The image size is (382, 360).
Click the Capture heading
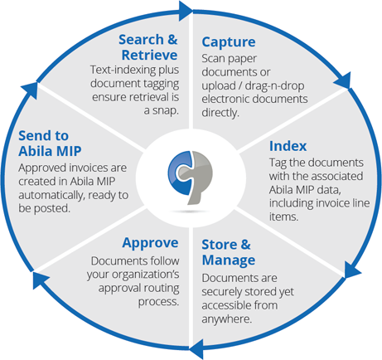click(x=229, y=42)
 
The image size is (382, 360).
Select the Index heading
click(x=288, y=146)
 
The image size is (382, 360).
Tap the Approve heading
click(x=150, y=244)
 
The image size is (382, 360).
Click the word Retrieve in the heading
click(x=149, y=55)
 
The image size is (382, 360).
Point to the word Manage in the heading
click(x=229, y=260)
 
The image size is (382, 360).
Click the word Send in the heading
click(x=34, y=135)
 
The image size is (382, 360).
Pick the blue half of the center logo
click(x=180, y=173)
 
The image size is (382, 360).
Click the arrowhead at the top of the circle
click(x=186, y=11)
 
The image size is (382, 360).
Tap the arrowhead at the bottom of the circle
click(x=196, y=348)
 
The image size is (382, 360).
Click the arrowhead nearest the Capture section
click(x=343, y=80)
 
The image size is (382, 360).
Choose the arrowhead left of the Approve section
click(x=40, y=280)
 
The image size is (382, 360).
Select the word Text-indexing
click(x=123, y=71)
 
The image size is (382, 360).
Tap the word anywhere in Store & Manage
click(x=226, y=319)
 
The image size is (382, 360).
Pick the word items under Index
click(x=284, y=216)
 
